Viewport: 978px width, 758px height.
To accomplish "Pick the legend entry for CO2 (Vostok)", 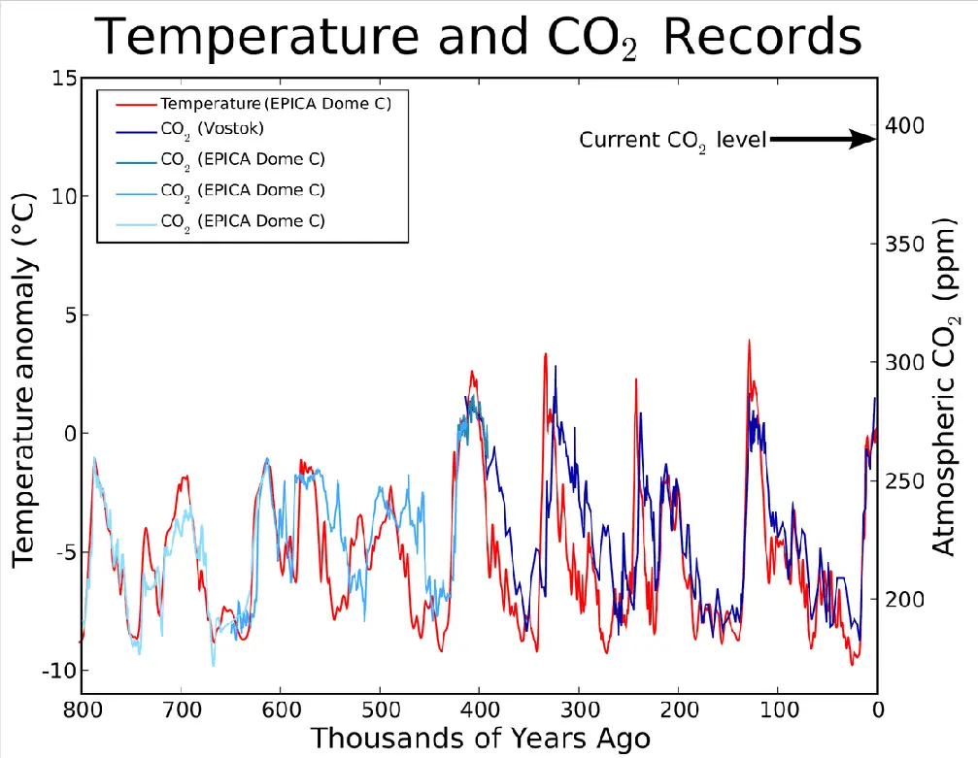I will click(x=211, y=128).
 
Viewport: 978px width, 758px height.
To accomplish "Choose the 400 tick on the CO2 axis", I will click(x=904, y=125).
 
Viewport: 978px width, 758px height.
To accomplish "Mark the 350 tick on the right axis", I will click(x=904, y=244).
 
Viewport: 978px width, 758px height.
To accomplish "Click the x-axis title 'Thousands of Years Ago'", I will click(x=481, y=739).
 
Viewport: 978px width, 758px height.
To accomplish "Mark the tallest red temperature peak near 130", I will click(x=749, y=341).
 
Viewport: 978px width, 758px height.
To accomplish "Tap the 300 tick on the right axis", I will click(x=904, y=362).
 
